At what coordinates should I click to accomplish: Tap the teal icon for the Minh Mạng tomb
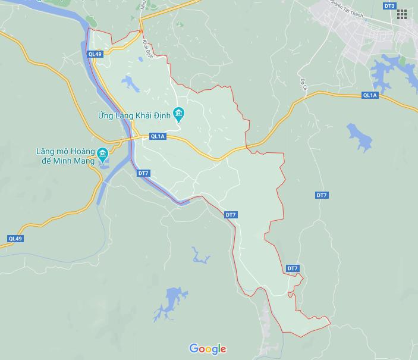pyautogui.click(x=102, y=155)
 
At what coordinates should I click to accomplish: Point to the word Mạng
pyautogui.click(x=83, y=161)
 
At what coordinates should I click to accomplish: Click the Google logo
pyautogui.click(x=208, y=349)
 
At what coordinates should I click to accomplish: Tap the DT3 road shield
pyautogui.click(x=389, y=6)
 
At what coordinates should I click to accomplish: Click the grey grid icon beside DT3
pyautogui.click(x=403, y=13)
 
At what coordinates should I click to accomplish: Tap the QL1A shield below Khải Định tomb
pyautogui.click(x=157, y=136)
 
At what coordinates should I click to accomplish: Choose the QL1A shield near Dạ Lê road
pyautogui.click(x=370, y=95)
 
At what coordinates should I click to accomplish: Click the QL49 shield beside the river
pyautogui.click(x=95, y=54)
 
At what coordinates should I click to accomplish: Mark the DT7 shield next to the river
pyautogui.click(x=143, y=173)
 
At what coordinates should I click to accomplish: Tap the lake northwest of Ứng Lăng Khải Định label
pyautogui.click(x=130, y=84)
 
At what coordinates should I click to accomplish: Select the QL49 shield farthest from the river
pyautogui.click(x=15, y=239)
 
